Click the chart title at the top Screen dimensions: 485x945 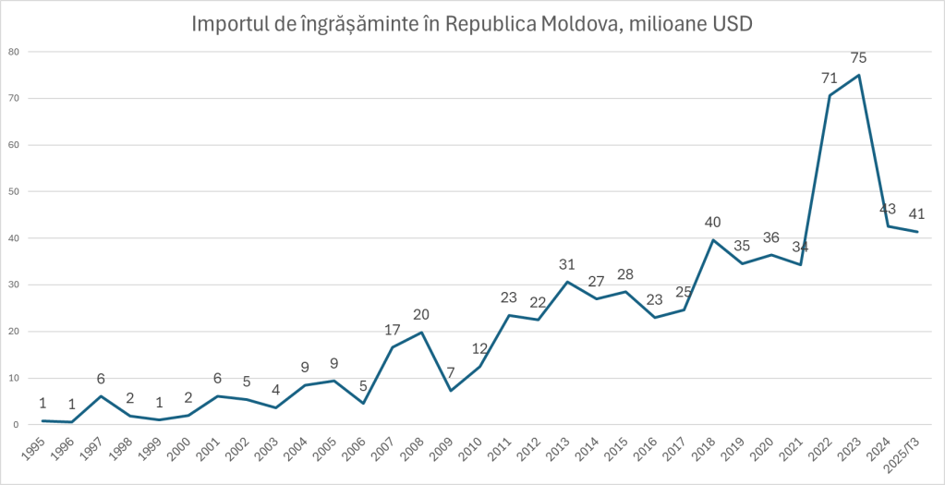(x=471, y=23)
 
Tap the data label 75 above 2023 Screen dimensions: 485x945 (x=859, y=57)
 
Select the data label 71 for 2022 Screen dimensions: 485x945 (x=830, y=78)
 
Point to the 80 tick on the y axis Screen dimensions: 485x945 (x=14, y=52)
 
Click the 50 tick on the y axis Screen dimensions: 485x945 (x=14, y=191)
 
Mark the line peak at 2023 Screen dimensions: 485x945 (x=859, y=75)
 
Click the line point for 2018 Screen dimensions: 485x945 (x=714, y=240)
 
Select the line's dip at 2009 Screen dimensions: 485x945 (x=451, y=390)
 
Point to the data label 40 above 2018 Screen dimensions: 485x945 (x=714, y=222)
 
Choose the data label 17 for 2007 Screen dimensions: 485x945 (x=393, y=329)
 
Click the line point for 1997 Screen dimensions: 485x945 (x=101, y=396)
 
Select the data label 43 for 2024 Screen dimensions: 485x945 (x=888, y=209)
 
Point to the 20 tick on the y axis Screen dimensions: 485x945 (x=14, y=331)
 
